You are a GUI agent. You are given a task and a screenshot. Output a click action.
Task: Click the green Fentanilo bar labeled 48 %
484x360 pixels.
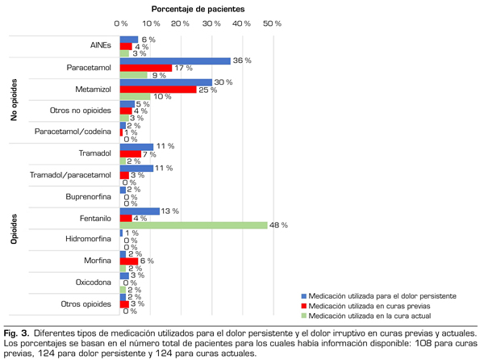[194, 225]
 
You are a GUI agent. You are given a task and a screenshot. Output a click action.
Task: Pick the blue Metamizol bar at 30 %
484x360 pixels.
[165, 82]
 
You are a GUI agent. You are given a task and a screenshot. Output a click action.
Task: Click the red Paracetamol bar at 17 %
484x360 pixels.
[146, 68]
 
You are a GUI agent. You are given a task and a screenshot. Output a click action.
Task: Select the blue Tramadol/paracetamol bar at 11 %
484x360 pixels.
[136, 168]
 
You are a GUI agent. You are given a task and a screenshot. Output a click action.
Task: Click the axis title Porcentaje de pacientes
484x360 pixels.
[198, 8]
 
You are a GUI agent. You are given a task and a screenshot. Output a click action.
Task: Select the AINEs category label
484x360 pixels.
[102, 46]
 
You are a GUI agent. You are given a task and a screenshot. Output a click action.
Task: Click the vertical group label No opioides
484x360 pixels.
[14, 98]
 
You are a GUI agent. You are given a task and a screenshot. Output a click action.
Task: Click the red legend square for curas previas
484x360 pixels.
[304, 307]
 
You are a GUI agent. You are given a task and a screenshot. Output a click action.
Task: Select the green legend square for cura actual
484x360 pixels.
[304, 317]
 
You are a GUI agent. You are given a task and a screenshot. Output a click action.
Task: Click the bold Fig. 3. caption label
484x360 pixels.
[16, 333]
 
